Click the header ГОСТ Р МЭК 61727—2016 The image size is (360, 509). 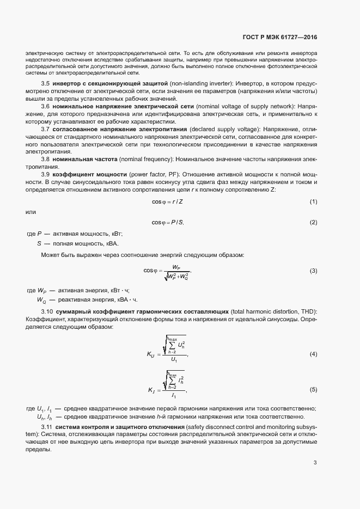(279, 37)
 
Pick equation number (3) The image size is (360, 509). (313, 271)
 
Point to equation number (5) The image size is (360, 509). (313, 390)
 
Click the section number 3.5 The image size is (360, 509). (46, 83)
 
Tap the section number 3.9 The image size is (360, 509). (46, 174)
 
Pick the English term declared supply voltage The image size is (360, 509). (221, 129)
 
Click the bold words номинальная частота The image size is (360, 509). (87, 159)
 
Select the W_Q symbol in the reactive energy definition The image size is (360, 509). (41, 300)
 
